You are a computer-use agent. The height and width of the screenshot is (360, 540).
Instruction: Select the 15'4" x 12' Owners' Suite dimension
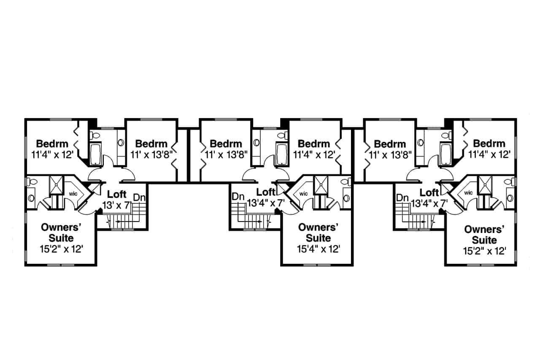(x=318, y=249)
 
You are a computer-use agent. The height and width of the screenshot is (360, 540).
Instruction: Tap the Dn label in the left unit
(x=139, y=198)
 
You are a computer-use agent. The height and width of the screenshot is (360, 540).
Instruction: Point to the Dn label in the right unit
(x=402, y=198)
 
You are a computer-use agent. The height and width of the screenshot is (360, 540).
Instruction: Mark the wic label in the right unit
(x=468, y=193)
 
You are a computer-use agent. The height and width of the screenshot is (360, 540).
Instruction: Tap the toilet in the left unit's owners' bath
(x=32, y=182)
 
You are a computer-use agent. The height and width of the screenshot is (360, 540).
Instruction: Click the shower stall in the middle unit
(x=320, y=184)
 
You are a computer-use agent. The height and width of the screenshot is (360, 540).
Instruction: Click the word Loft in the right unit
(x=430, y=193)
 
